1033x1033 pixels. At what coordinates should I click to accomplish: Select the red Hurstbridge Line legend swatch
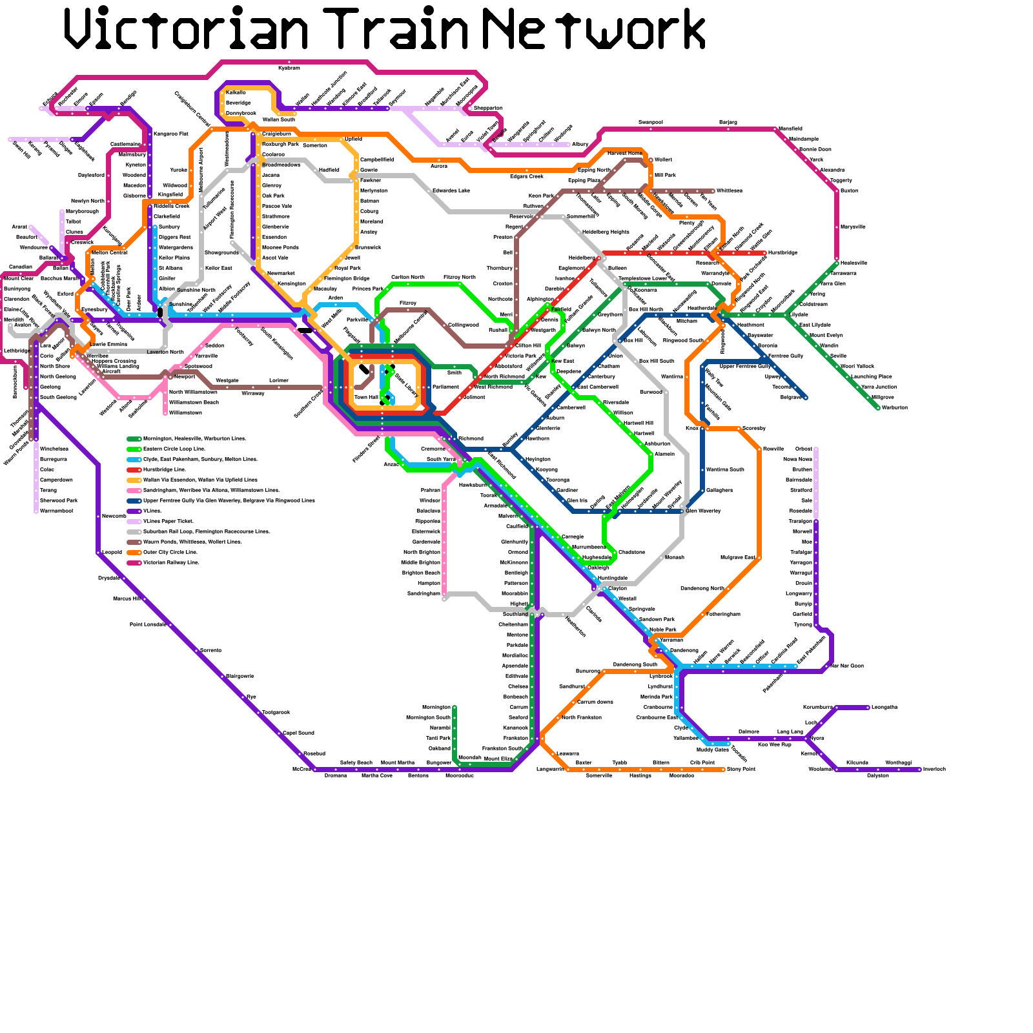point(134,469)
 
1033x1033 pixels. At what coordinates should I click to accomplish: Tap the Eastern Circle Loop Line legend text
point(174,449)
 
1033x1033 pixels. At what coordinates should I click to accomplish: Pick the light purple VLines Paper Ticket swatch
point(134,521)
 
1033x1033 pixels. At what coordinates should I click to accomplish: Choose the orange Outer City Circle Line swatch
point(134,552)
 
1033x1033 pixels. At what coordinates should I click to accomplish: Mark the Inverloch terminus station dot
point(919,769)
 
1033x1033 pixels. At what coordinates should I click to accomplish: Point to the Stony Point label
point(741,769)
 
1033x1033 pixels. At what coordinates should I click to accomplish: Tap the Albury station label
point(580,144)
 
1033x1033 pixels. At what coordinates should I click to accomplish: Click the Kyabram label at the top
point(289,68)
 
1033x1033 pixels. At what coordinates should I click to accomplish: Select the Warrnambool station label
point(56,511)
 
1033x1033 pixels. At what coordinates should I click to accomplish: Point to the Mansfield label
point(790,128)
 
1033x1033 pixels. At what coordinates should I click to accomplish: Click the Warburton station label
point(895,407)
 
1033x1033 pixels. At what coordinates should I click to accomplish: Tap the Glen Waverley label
point(703,511)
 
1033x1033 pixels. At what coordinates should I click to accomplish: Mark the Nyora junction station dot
point(806,738)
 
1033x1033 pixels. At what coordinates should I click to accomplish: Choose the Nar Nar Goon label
point(847,666)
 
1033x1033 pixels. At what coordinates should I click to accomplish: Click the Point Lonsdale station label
point(148,624)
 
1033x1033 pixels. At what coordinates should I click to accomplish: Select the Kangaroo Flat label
point(171,134)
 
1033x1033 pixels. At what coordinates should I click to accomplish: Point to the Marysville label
point(853,227)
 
